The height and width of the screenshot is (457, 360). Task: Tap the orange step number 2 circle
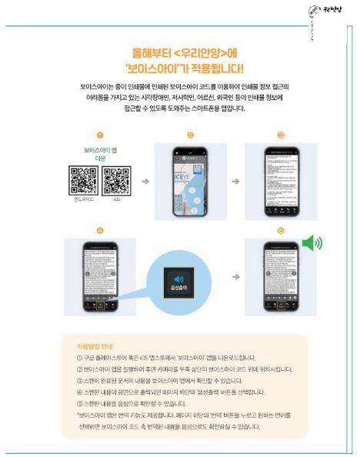(x=189, y=135)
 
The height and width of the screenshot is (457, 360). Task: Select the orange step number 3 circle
(x=281, y=135)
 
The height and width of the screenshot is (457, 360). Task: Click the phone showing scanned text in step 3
(x=280, y=182)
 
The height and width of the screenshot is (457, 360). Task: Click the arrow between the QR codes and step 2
(x=145, y=182)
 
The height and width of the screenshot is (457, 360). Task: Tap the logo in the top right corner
(x=334, y=14)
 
